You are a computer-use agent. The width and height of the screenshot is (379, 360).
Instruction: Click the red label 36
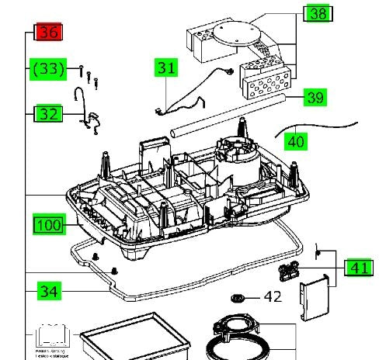click(49, 33)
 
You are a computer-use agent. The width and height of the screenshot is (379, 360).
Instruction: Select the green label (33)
click(49, 69)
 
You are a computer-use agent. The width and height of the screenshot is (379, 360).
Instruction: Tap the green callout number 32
click(49, 113)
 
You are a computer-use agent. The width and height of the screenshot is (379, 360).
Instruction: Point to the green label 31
click(165, 67)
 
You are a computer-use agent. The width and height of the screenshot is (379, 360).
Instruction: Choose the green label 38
click(318, 13)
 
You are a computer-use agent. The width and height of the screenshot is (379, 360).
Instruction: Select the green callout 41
click(357, 268)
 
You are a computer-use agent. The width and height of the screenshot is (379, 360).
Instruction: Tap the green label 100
click(49, 225)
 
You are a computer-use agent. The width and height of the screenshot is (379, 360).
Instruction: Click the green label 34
click(49, 292)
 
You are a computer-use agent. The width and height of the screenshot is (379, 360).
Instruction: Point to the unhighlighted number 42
click(272, 296)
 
